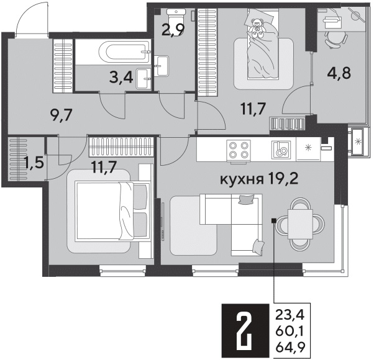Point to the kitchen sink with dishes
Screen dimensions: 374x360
(x=281, y=150)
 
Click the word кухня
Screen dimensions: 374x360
(x=242, y=179)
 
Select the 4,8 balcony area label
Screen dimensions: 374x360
(x=339, y=73)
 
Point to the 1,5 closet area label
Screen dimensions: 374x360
(x=35, y=163)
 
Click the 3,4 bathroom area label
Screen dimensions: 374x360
(x=121, y=78)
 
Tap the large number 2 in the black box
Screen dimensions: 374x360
(x=245, y=331)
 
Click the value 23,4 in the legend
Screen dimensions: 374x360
(x=290, y=315)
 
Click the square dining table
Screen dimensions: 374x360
(x=300, y=224)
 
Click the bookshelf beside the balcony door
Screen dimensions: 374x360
(x=288, y=124)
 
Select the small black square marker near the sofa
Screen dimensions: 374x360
(x=274, y=220)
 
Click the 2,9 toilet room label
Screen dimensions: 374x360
(x=173, y=30)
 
